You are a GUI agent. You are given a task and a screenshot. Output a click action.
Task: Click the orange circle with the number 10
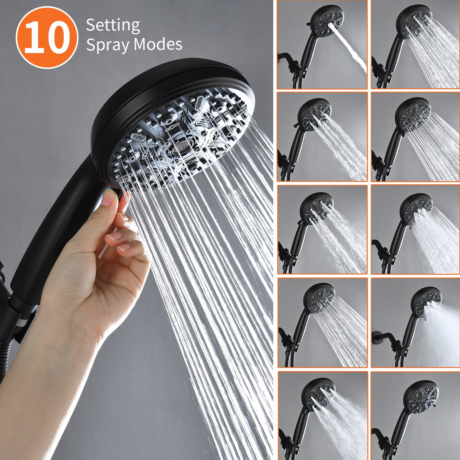tap(47, 37)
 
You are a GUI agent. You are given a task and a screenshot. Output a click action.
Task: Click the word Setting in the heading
tap(113, 25)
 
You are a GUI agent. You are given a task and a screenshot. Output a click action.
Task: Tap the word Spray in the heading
tap(107, 45)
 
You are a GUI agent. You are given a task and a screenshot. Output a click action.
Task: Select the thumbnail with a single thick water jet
tap(322, 45)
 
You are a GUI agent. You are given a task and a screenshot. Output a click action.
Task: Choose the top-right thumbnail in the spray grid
tap(415, 45)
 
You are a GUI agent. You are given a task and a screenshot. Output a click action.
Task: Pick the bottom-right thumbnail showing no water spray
tap(415, 416)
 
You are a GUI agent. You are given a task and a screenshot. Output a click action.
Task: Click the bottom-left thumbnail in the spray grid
tap(323, 416)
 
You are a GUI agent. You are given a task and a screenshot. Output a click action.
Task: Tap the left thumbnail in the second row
tap(322, 137)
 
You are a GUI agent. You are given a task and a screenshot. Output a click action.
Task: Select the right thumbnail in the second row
tap(415, 137)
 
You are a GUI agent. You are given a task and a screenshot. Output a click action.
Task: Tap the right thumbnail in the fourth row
tap(415, 323)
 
